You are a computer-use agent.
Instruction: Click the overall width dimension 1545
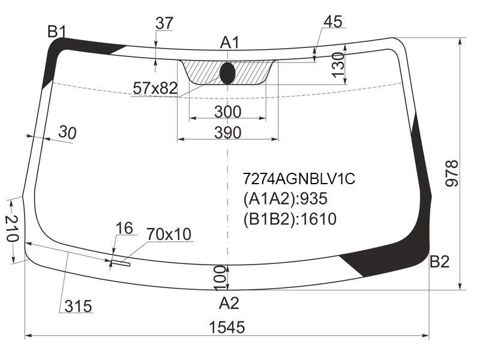pos(227,327)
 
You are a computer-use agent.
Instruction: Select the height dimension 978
pos(452,173)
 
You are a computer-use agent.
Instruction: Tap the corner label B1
pos(57,32)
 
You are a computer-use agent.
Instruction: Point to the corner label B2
pos(440,262)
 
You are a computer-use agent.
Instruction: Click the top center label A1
pos(230,43)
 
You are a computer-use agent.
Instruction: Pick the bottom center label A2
pos(229,304)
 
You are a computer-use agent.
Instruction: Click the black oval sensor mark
pos(227,73)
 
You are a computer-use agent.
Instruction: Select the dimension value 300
pos(228,112)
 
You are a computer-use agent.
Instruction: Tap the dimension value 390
pos(228,133)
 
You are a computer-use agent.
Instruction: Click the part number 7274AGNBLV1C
pos(299,178)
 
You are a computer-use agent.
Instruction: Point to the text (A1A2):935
pos(286,199)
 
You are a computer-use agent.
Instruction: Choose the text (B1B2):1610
pos(290,219)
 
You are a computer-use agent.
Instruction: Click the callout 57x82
pos(155,88)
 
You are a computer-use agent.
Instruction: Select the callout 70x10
pos(169,234)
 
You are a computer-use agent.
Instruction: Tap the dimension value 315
pos(78,306)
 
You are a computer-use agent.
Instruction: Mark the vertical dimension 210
pos(13,229)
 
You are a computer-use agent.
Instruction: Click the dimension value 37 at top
pos(164,23)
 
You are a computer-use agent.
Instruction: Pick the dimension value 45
pos(333,22)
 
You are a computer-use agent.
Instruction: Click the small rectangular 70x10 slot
pos(121,263)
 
